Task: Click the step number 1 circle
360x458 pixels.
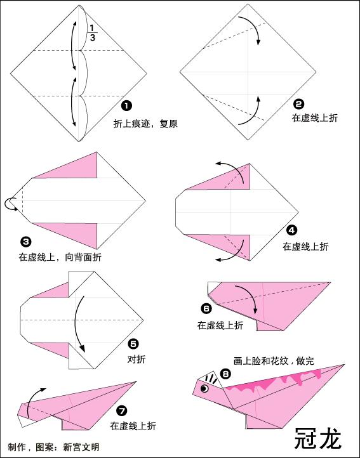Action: pyautogui.click(x=126, y=105)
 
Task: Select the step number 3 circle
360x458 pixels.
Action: pyautogui.click(x=25, y=242)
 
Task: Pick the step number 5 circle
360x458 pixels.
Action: pyautogui.click(x=133, y=344)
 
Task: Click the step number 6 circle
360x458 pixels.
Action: pyautogui.click(x=206, y=309)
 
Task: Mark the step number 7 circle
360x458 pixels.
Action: pyautogui.click(x=122, y=410)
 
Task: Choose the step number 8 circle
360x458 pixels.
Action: pyautogui.click(x=225, y=374)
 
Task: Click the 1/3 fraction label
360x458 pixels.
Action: pyautogui.click(x=93, y=32)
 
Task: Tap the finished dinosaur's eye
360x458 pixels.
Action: pyautogui.click(x=204, y=388)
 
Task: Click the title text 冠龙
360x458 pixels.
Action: pyautogui.click(x=318, y=438)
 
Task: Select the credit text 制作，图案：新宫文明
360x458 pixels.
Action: pyautogui.click(x=54, y=447)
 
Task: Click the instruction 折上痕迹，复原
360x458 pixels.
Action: pyautogui.click(x=145, y=124)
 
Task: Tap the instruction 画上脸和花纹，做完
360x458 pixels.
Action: pyautogui.click(x=273, y=360)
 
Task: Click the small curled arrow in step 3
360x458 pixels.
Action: pyautogui.click(x=11, y=203)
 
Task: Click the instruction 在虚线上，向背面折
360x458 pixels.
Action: pyautogui.click(x=60, y=257)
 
